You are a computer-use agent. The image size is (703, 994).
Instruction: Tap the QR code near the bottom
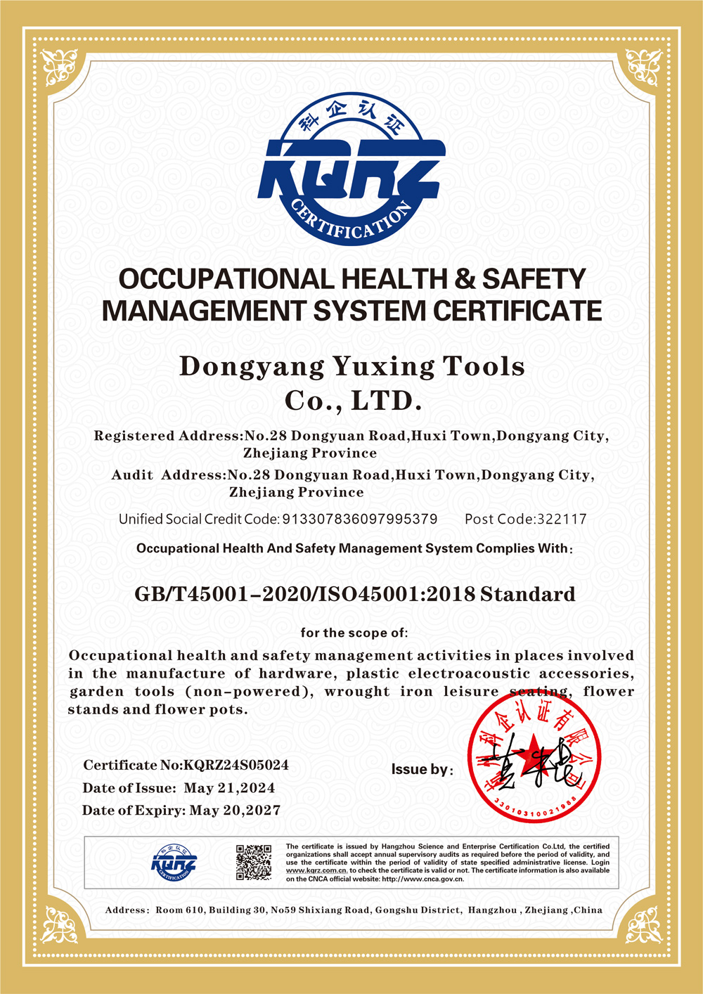pos(253,863)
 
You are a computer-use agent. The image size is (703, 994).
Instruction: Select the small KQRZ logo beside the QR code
pos(174,863)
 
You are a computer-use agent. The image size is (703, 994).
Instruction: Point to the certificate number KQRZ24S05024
pos(236,765)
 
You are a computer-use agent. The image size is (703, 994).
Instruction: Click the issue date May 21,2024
pos(229,788)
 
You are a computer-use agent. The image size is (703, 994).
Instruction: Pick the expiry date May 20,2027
pos(235,811)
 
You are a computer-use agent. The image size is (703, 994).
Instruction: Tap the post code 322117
pos(562,519)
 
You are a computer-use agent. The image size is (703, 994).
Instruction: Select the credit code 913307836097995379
pos(359,519)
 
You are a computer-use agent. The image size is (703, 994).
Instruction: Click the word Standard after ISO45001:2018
pos(527,595)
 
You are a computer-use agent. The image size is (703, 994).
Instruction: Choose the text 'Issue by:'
pos(422,770)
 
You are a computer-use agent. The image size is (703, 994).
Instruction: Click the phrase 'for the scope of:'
pos(354,633)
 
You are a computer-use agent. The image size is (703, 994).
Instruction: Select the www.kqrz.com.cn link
pos(316,870)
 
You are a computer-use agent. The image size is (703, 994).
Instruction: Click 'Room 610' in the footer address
pos(179,910)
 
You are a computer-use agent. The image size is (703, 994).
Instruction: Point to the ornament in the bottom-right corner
pos(643,924)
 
